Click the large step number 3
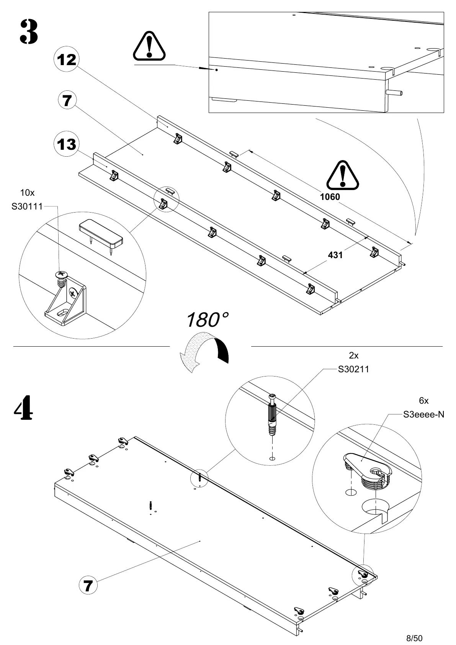point(29,32)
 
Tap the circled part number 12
point(67,60)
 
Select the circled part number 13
point(67,144)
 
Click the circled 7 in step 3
point(67,101)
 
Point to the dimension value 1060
point(330,197)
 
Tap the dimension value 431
point(335,255)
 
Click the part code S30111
point(27,207)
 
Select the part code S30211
point(353,369)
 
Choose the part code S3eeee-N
point(423,414)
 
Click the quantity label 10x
point(27,193)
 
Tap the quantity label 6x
point(423,401)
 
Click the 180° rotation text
point(207,319)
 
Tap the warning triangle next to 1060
point(343,175)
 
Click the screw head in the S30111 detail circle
point(61,274)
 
